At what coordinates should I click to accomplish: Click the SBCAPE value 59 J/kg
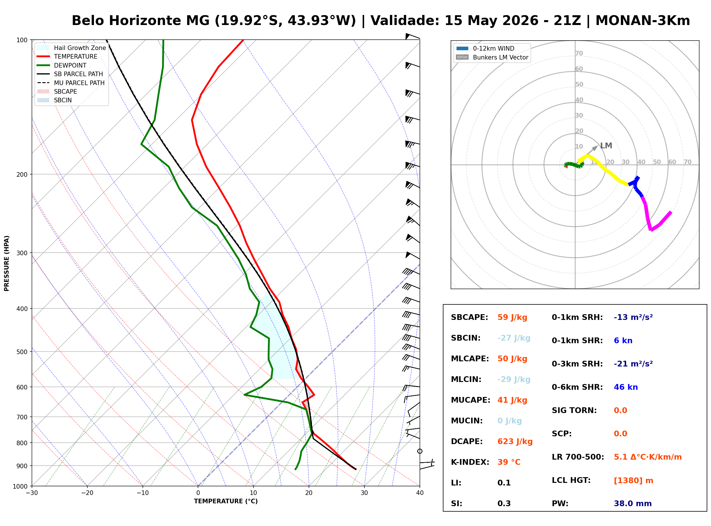(x=512, y=317)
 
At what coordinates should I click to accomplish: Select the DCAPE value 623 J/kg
(x=515, y=441)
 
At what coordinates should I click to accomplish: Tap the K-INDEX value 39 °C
(x=509, y=462)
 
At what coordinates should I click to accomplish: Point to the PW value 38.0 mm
(x=633, y=504)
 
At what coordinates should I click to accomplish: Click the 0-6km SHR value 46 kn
(x=626, y=387)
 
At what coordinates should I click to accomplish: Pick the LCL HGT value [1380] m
(x=633, y=481)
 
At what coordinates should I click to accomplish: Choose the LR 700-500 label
(x=578, y=457)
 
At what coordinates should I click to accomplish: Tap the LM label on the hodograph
(x=606, y=146)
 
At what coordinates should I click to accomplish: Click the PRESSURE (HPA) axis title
(x=7, y=263)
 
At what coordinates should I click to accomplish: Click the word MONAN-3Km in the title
(x=643, y=21)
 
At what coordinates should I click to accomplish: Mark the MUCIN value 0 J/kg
(x=510, y=421)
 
